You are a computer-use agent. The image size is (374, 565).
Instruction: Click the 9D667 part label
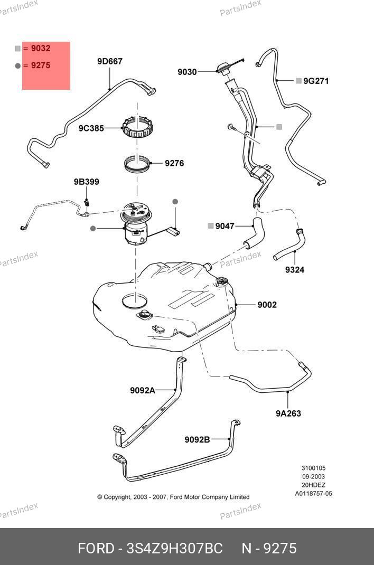point(109,61)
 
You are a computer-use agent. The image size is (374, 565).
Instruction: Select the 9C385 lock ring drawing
point(137,127)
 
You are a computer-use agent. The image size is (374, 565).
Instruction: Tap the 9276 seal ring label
point(174,163)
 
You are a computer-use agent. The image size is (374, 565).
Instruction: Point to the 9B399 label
point(87,182)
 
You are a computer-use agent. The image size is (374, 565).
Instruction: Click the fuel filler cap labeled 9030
point(225,68)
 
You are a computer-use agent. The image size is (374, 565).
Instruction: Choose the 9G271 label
point(316,81)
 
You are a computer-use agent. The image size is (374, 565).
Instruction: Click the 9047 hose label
point(225,226)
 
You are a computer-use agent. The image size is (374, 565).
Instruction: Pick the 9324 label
point(295,269)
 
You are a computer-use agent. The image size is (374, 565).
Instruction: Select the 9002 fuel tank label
point(267,305)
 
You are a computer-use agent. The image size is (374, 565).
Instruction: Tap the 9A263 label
point(288,413)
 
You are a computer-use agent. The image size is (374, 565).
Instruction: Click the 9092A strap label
point(143,390)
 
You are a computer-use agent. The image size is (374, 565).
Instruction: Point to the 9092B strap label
point(197,440)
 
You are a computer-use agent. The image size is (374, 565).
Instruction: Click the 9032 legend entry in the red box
point(40,48)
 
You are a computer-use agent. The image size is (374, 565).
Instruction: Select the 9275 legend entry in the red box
point(40,65)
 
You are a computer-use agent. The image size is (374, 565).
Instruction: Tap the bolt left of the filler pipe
point(231,128)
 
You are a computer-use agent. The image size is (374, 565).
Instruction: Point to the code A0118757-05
point(313,494)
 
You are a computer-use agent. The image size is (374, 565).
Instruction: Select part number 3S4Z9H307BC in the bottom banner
point(174,548)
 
